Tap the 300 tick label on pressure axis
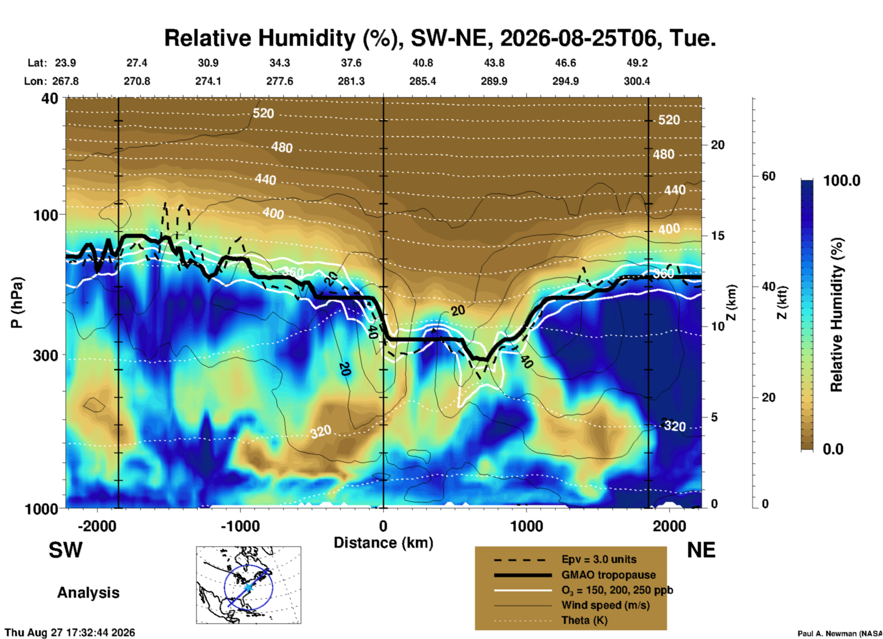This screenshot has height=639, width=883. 46,355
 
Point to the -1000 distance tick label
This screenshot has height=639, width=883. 240,526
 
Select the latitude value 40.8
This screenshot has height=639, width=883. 422,63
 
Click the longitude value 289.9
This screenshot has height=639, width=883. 494,81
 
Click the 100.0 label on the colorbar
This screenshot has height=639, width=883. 842,181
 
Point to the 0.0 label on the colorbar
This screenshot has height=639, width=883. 833,449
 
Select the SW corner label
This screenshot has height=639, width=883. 66,550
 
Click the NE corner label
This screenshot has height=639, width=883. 701,550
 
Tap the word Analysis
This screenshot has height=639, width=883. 88,593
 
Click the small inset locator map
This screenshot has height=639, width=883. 248,585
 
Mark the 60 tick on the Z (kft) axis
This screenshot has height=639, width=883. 768,176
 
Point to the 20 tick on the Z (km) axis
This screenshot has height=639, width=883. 717,145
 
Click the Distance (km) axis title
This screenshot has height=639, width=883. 383,543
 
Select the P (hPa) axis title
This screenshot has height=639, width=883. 17,303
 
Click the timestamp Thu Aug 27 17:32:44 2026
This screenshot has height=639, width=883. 70,633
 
